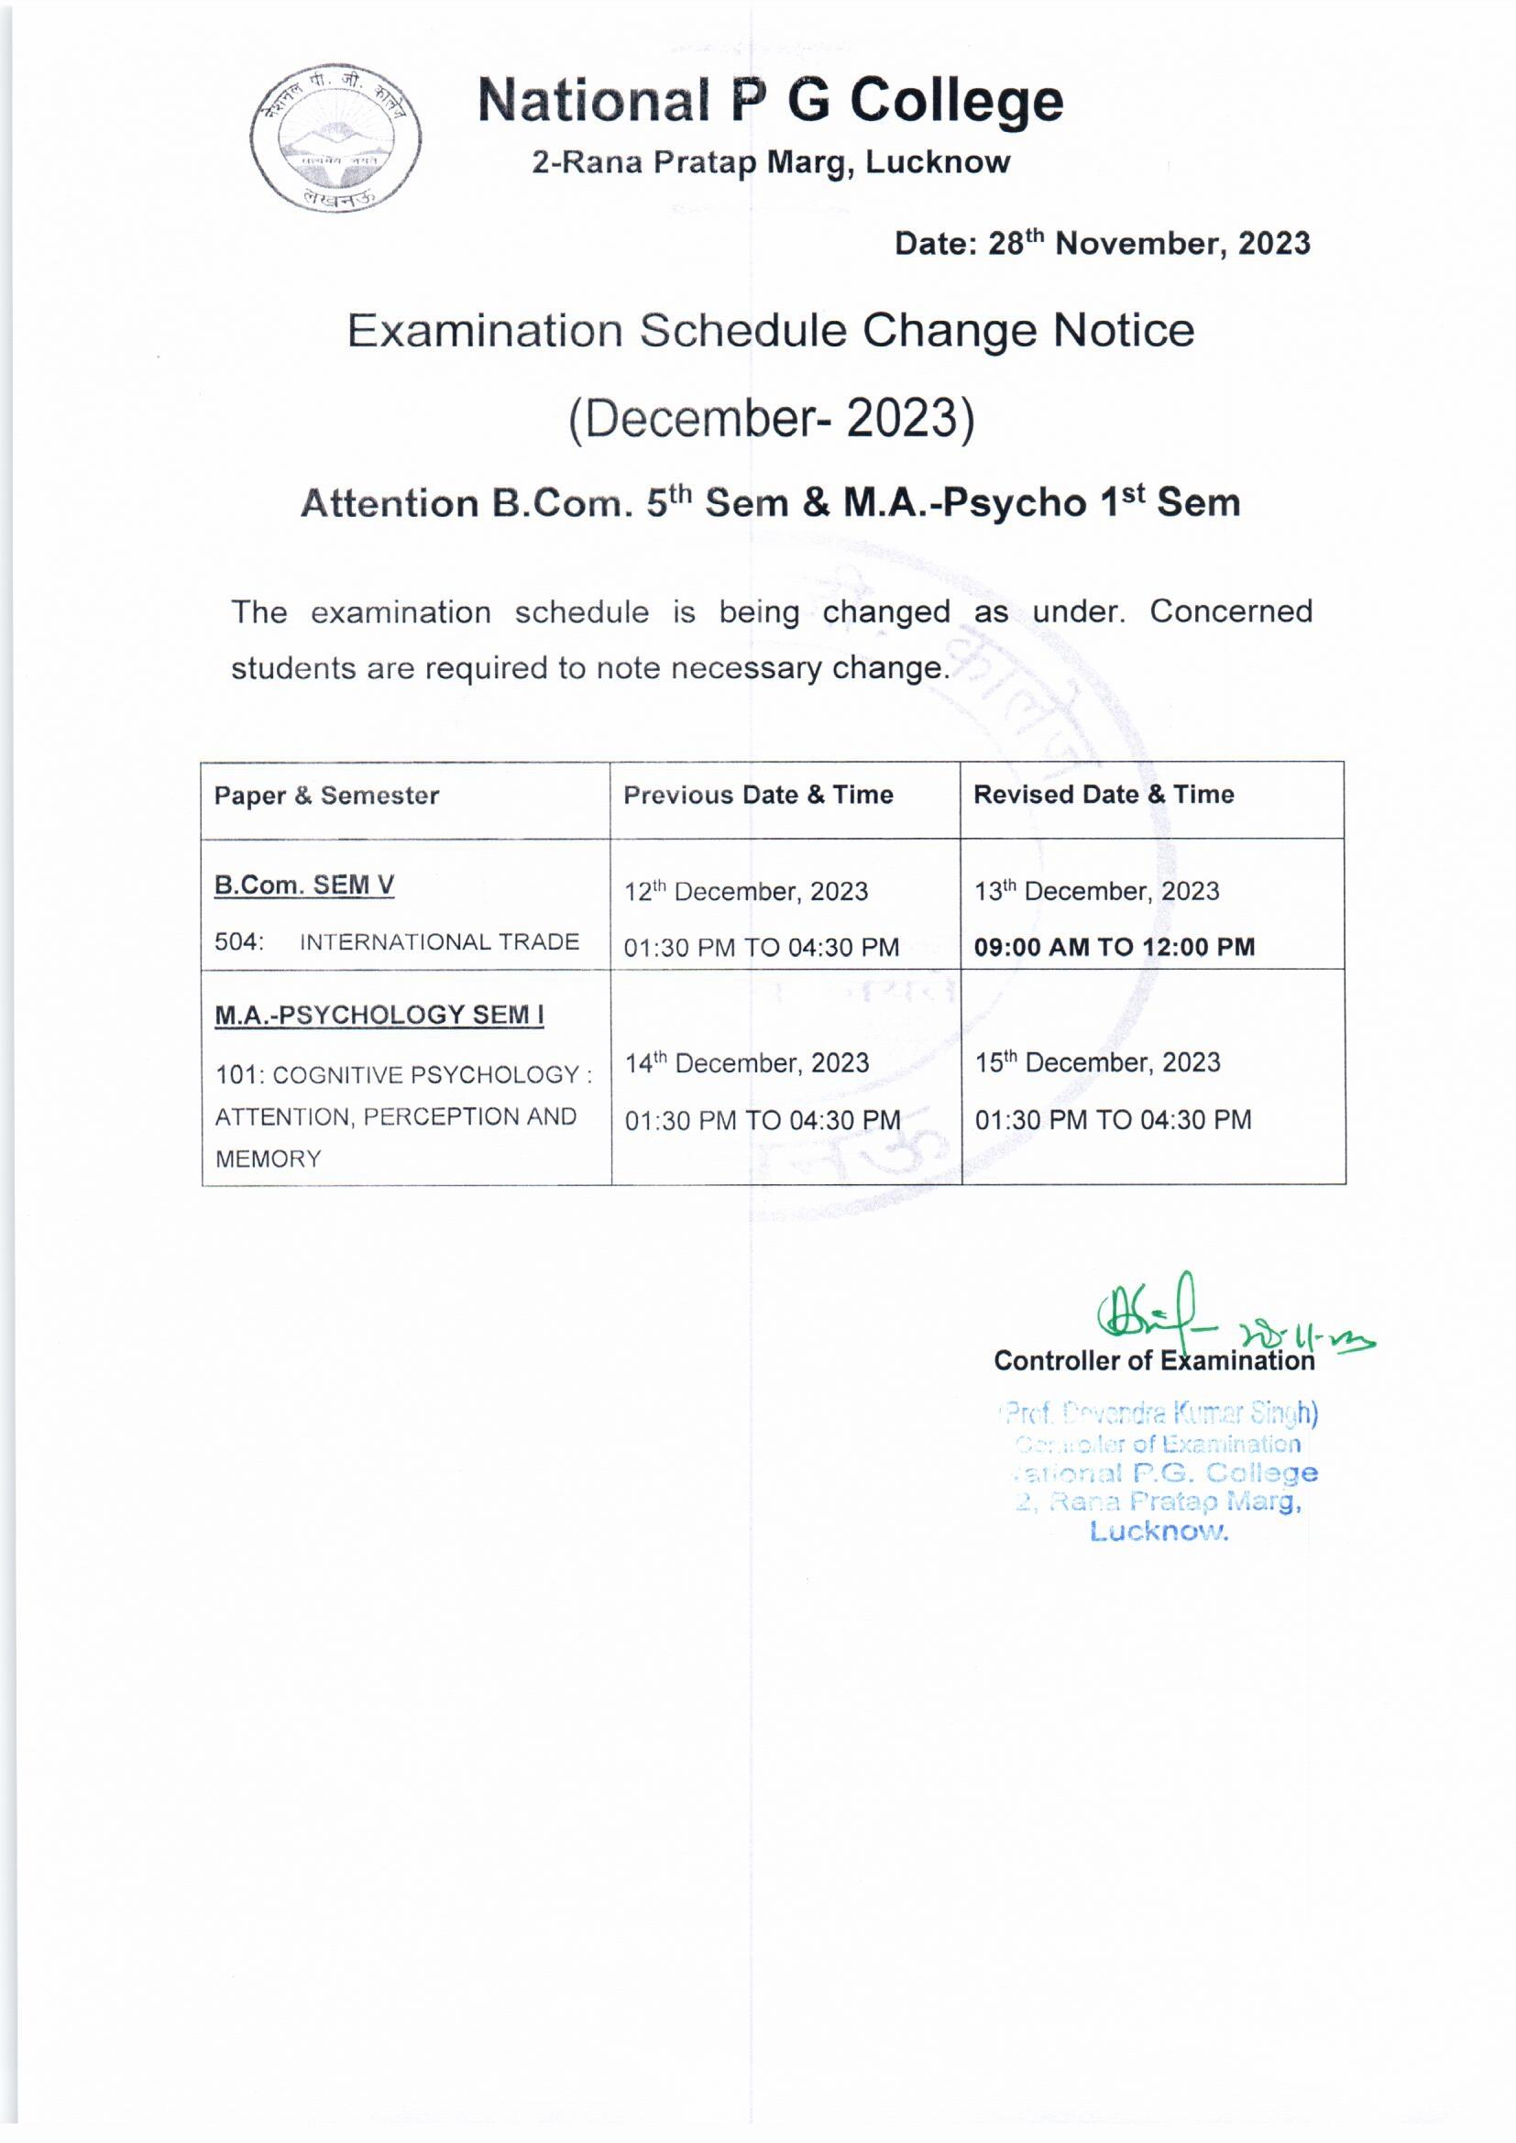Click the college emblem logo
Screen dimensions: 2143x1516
point(335,137)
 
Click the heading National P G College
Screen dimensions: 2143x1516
point(770,100)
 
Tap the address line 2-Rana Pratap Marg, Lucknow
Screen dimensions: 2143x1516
point(770,162)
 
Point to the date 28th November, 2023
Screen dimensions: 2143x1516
point(1102,244)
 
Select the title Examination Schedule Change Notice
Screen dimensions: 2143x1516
point(770,330)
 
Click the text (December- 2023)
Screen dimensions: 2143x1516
point(771,418)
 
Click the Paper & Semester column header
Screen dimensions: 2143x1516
point(325,796)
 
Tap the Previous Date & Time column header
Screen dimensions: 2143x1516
point(758,795)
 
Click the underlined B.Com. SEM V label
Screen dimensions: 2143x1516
point(303,884)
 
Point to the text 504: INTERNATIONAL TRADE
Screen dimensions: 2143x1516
point(397,941)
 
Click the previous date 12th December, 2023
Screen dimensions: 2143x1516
point(746,891)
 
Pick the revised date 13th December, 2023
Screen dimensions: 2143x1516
point(1097,890)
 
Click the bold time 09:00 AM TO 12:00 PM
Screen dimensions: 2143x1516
point(1114,947)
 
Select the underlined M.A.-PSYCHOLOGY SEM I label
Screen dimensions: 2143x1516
point(379,1015)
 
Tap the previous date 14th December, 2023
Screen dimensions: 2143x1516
point(747,1063)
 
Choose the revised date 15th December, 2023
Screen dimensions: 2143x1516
point(1098,1062)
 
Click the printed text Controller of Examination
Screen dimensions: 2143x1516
point(1154,1361)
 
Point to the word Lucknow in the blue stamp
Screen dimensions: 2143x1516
point(1159,1532)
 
